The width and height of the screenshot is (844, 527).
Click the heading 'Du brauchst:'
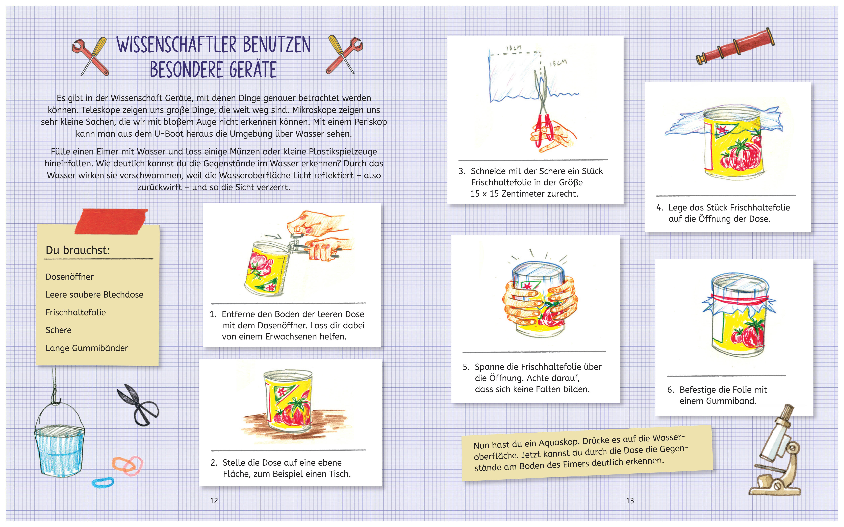click(x=77, y=250)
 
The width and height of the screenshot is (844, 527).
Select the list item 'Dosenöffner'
click(x=69, y=277)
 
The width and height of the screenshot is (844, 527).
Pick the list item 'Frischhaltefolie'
click(x=75, y=312)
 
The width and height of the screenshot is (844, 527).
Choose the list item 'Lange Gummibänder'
click(x=86, y=348)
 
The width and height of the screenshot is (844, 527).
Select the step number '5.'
click(x=466, y=367)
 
